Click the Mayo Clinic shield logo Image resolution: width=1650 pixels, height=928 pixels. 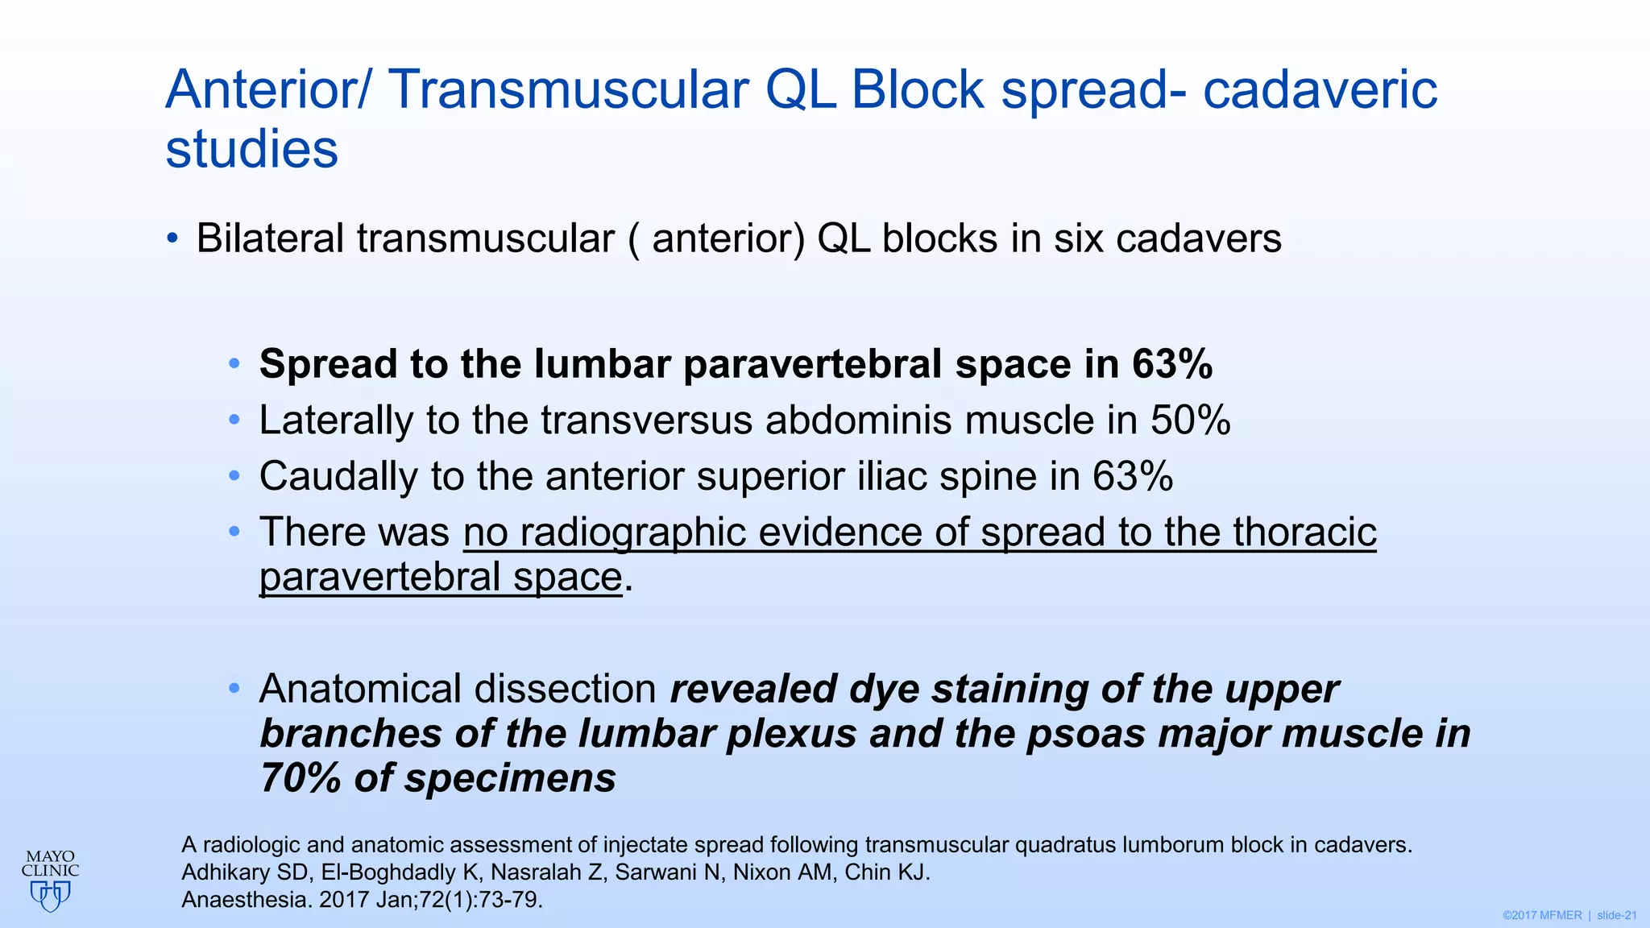[x=50, y=894]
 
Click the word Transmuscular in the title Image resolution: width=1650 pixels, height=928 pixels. [x=570, y=89]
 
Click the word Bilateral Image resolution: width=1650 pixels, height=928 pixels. [x=270, y=239]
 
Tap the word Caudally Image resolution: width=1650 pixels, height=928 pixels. [x=338, y=476]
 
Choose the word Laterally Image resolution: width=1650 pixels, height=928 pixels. [x=336, y=420]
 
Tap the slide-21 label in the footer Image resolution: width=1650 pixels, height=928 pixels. [x=1617, y=915]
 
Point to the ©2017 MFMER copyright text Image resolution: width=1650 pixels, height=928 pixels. [x=1542, y=915]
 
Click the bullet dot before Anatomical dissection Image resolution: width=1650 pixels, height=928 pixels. [x=234, y=689]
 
